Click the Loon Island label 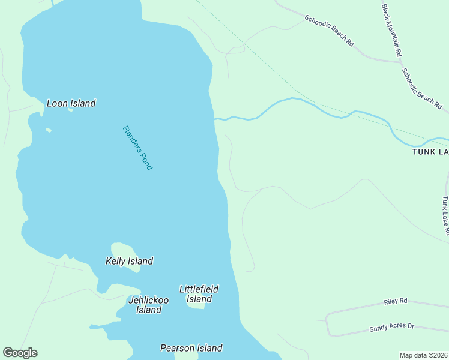pyautogui.click(x=71, y=103)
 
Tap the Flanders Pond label pyautogui.click(x=137, y=148)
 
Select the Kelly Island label pyautogui.click(x=129, y=261)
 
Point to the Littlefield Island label pyautogui.click(x=199, y=294)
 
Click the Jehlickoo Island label pyautogui.click(x=148, y=305)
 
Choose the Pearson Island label pyautogui.click(x=191, y=348)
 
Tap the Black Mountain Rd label pyautogui.click(x=391, y=30)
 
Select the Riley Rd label pyautogui.click(x=396, y=301)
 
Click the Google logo pyautogui.click(x=20, y=353)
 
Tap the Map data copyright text pyautogui.click(x=423, y=355)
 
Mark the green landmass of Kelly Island pyautogui.click(x=123, y=249)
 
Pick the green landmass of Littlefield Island pyautogui.click(x=196, y=305)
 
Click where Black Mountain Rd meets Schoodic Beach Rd pyautogui.click(x=399, y=60)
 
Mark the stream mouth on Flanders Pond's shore pyautogui.click(x=215, y=119)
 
